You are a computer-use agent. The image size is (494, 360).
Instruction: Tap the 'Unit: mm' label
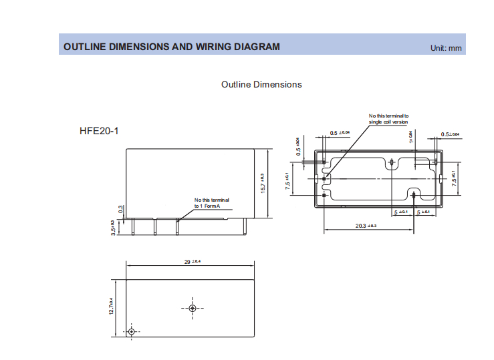coord(447,48)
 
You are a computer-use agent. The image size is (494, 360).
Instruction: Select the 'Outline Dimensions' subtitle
coord(261,85)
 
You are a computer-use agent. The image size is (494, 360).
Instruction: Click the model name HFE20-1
coord(99,130)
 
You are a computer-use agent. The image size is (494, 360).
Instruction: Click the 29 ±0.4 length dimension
coord(193,261)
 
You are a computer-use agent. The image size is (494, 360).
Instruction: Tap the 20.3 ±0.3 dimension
coord(366,226)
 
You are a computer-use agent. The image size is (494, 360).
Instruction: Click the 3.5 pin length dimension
coord(114,228)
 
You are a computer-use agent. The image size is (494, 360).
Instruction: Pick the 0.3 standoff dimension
coord(120,209)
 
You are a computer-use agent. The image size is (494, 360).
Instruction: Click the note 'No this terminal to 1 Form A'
coord(212,203)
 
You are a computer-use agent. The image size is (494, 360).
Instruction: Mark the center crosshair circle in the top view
coord(193,308)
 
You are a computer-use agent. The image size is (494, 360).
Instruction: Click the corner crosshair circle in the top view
coord(132,332)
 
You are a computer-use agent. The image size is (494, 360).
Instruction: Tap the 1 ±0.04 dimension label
coord(410,136)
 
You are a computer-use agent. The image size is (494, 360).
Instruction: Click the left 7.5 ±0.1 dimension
coord(287,181)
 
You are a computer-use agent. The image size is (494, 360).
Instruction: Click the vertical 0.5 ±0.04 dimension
coord(298,146)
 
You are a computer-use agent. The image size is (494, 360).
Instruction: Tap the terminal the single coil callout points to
coord(324,178)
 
